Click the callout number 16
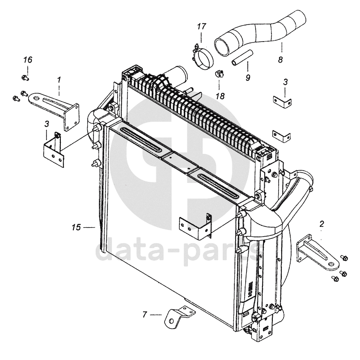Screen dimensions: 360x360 click(28, 60)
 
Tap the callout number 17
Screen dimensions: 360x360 click(201, 27)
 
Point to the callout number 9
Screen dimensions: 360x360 click(247, 77)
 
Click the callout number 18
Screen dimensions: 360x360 click(219, 96)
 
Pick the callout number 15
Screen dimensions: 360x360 click(76, 228)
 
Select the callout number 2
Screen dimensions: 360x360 click(322, 223)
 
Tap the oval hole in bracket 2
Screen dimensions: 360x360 click(331, 264)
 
